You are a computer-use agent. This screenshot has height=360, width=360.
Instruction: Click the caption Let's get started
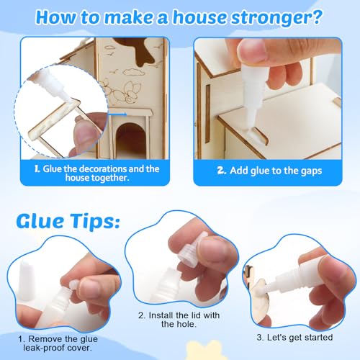point(303,336)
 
